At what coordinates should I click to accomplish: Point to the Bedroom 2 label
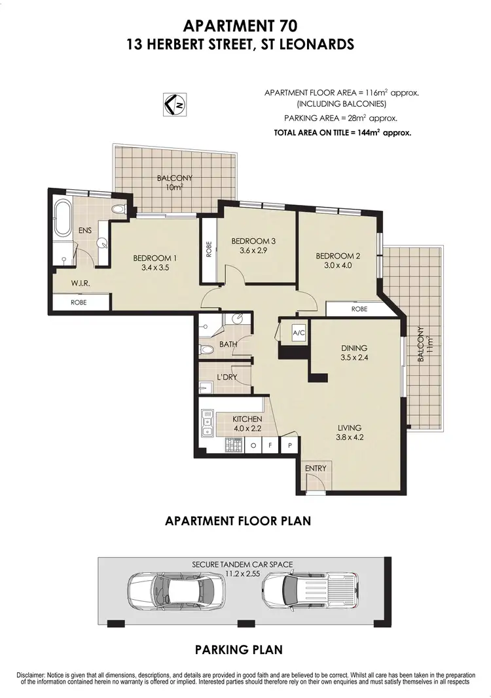tap(337, 256)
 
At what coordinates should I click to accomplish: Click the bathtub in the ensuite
tap(64, 219)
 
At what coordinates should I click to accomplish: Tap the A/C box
tap(299, 333)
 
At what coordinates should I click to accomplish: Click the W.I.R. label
tap(81, 284)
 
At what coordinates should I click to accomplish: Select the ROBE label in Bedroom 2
tap(359, 308)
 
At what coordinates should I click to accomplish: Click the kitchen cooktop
tap(232, 446)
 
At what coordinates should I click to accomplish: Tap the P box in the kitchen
tap(289, 446)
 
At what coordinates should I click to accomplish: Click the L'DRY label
tap(227, 377)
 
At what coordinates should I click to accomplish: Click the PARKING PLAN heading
tap(239, 650)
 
